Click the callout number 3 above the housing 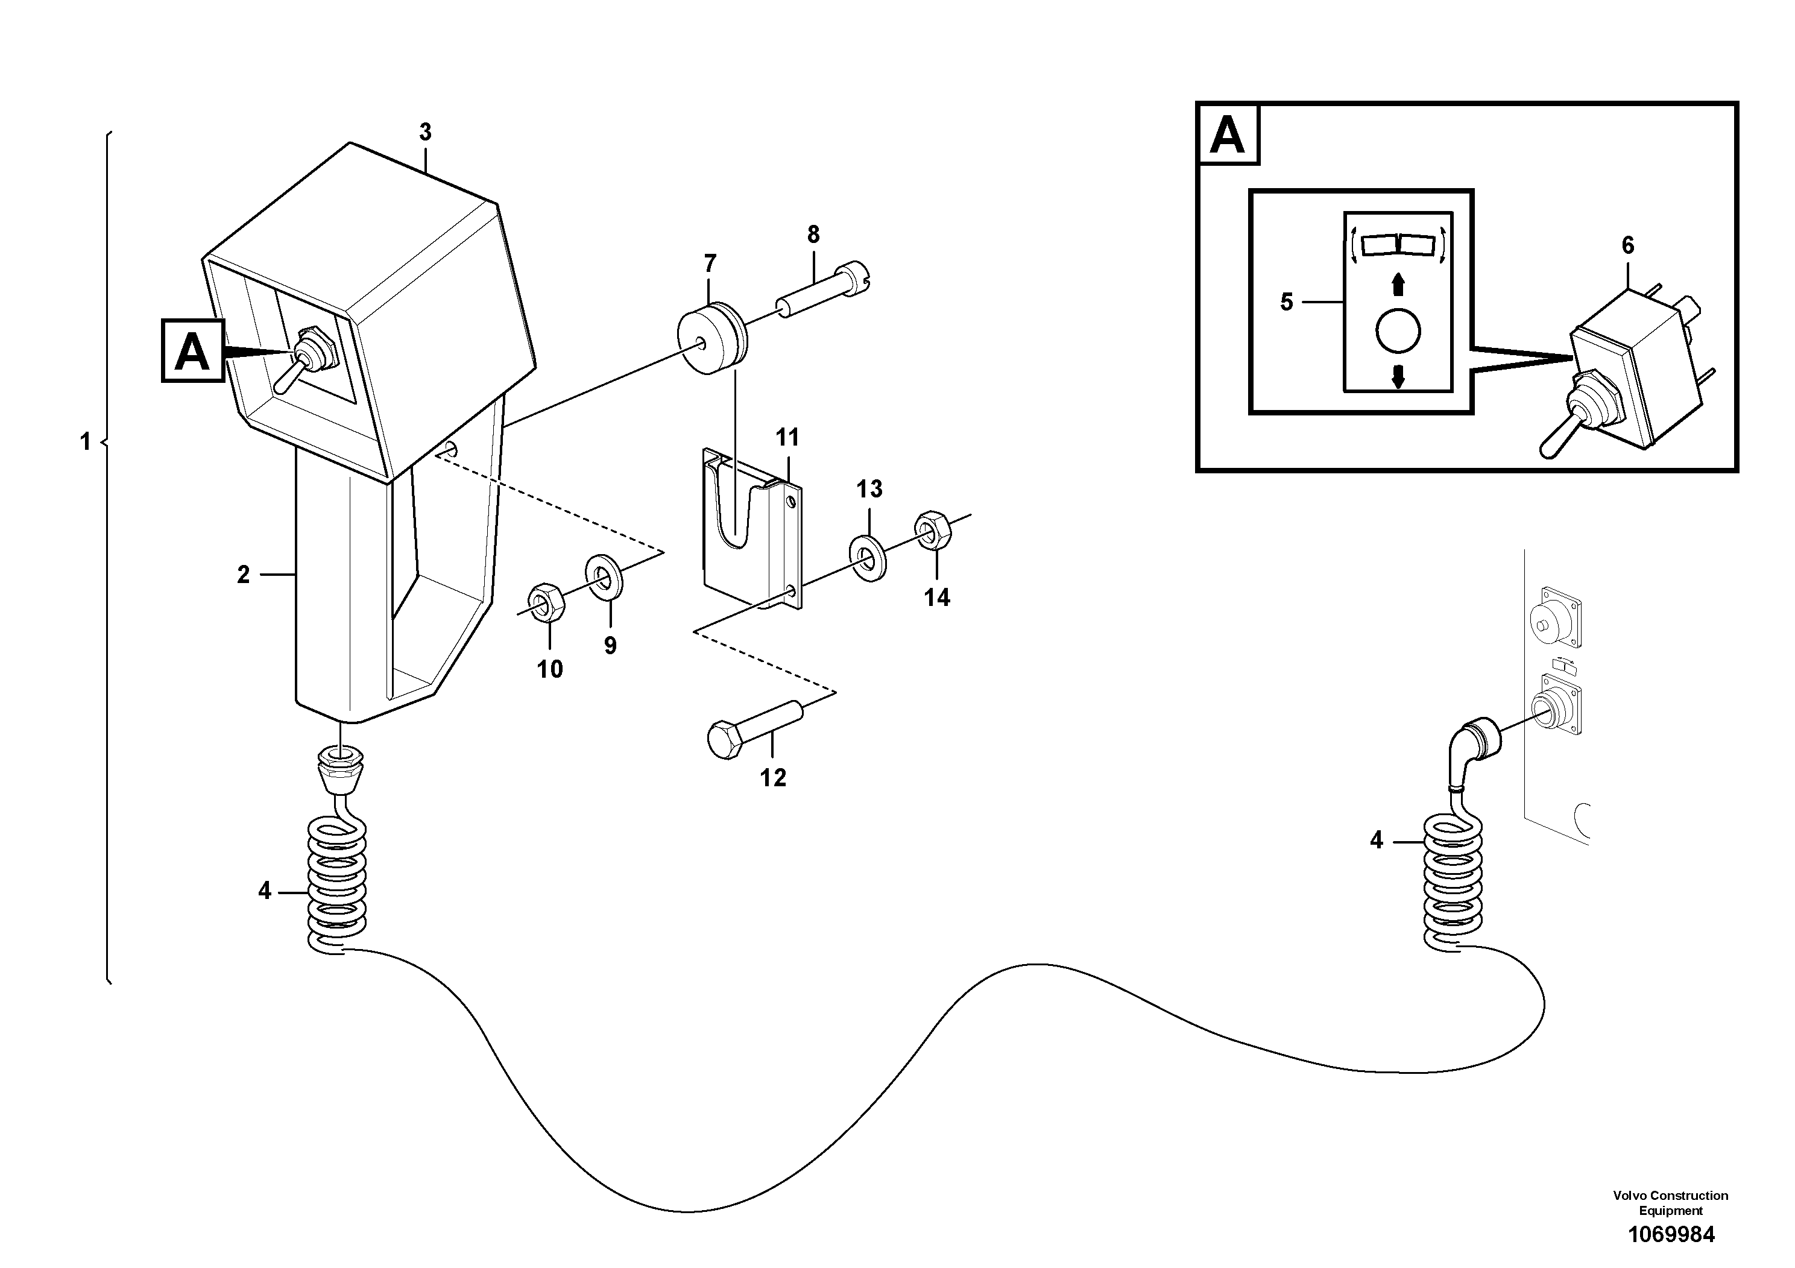(x=425, y=133)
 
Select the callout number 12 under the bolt (x=773, y=778)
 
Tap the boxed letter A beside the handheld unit (x=192, y=351)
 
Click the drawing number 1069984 (x=1671, y=1234)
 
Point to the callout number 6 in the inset (x=1628, y=245)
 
